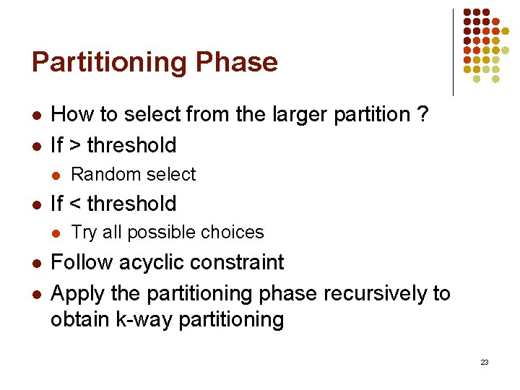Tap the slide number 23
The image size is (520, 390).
point(484,362)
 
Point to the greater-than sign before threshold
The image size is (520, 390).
point(74,145)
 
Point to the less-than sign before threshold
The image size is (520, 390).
point(74,204)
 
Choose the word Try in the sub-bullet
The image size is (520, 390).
point(84,233)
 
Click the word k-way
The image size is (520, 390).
point(144,319)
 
